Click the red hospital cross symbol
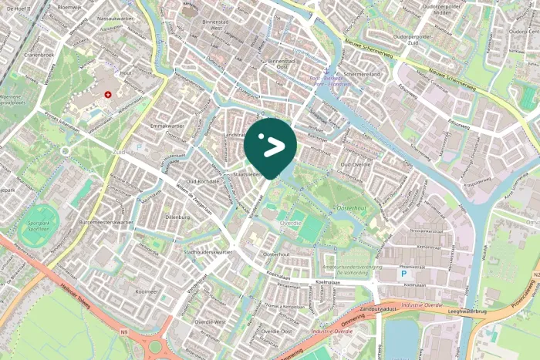[x=108, y=94]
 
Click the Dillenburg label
[x=177, y=217]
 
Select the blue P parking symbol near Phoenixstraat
[x=402, y=274]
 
